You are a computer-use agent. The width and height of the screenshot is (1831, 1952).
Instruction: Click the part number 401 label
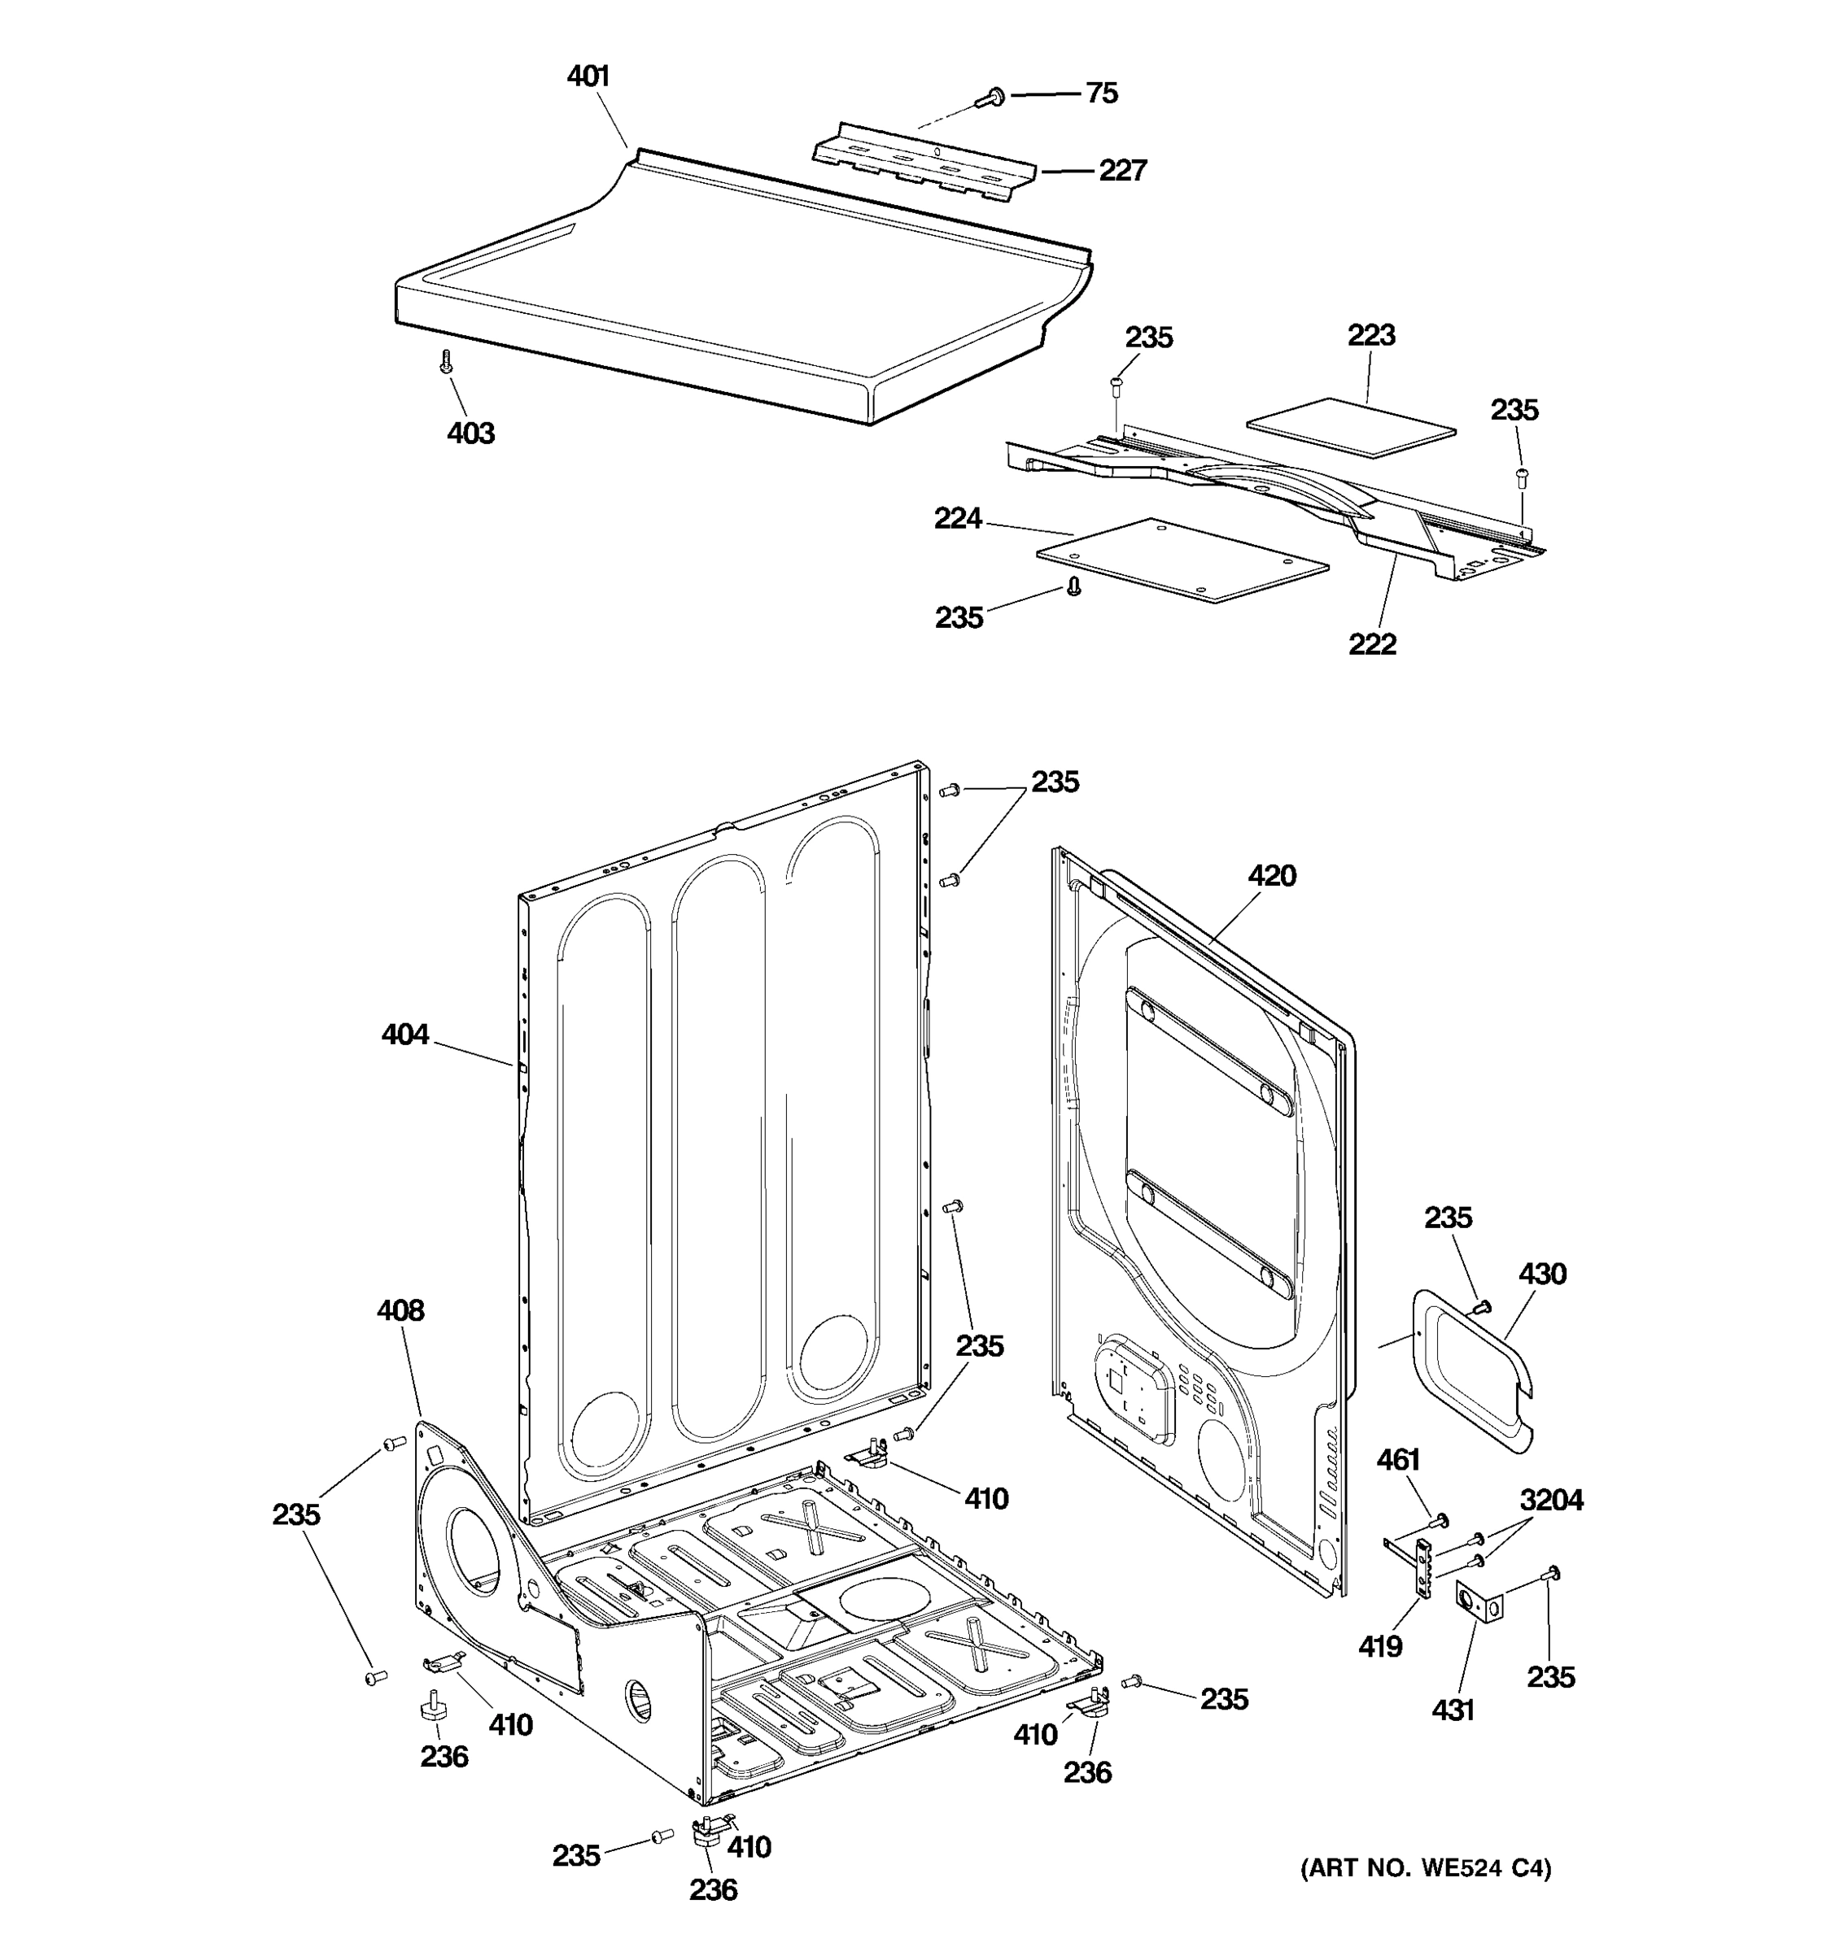pyautogui.click(x=588, y=76)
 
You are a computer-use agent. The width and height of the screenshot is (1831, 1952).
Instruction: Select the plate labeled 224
pyautogui.click(x=1182, y=560)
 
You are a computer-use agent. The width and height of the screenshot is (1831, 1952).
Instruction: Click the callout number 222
pyautogui.click(x=1371, y=644)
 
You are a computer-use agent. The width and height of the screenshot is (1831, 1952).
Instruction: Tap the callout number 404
pyautogui.click(x=404, y=1035)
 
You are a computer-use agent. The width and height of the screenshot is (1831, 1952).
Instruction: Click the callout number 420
pyautogui.click(x=1271, y=876)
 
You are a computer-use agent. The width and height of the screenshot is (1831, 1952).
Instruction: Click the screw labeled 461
pyautogui.click(x=1440, y=1521)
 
